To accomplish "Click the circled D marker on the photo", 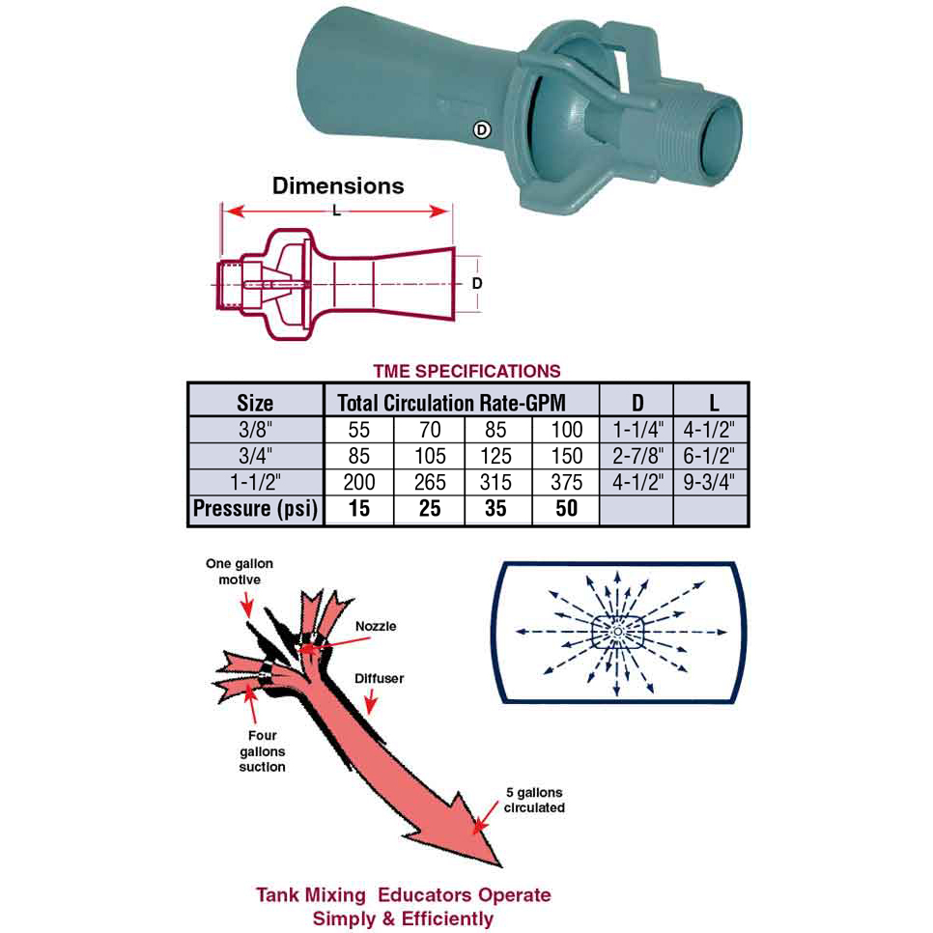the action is click(481, 129).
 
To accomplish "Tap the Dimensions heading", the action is click(338, 185).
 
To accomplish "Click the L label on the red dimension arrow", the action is click(337, 210).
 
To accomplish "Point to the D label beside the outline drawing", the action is click(476, 283).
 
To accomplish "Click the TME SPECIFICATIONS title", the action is click(467, 371).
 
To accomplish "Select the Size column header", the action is click(255, 403).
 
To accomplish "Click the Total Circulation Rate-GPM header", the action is click(452, 403).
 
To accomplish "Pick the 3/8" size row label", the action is click(255, 430).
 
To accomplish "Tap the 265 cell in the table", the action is click(430, 482).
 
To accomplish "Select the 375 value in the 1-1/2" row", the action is click(566, 482).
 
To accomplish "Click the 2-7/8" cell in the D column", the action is click(637, 456).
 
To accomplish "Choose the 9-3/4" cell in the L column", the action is click(709, 482).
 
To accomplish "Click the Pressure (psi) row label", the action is click(255, 509).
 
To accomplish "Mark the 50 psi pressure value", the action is click(566, 508).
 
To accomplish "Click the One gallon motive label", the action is click(240, 571).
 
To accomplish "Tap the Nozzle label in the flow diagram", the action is click(376, 626).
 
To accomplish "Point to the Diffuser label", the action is click(379, 678).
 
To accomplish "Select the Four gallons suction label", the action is click(263, 750).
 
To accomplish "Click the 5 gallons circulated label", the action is click(534, 801).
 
